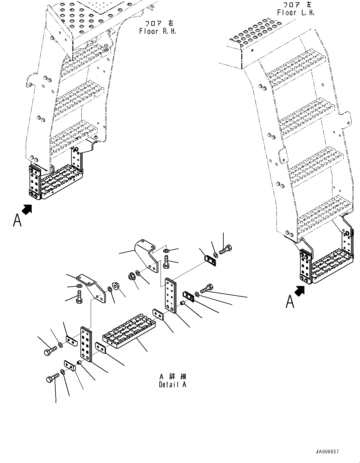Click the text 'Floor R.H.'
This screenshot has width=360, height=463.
tap(158, 31)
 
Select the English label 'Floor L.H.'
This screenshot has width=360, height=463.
tap(296, 13)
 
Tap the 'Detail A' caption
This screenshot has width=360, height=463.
tap(173, 384)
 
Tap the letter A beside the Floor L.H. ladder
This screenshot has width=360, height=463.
tap(290, 302)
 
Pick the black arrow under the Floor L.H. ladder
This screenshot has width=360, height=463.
tap(299, 291)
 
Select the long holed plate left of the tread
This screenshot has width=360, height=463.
tap(86, 344)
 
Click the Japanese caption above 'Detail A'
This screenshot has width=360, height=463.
tap(173, 376)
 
